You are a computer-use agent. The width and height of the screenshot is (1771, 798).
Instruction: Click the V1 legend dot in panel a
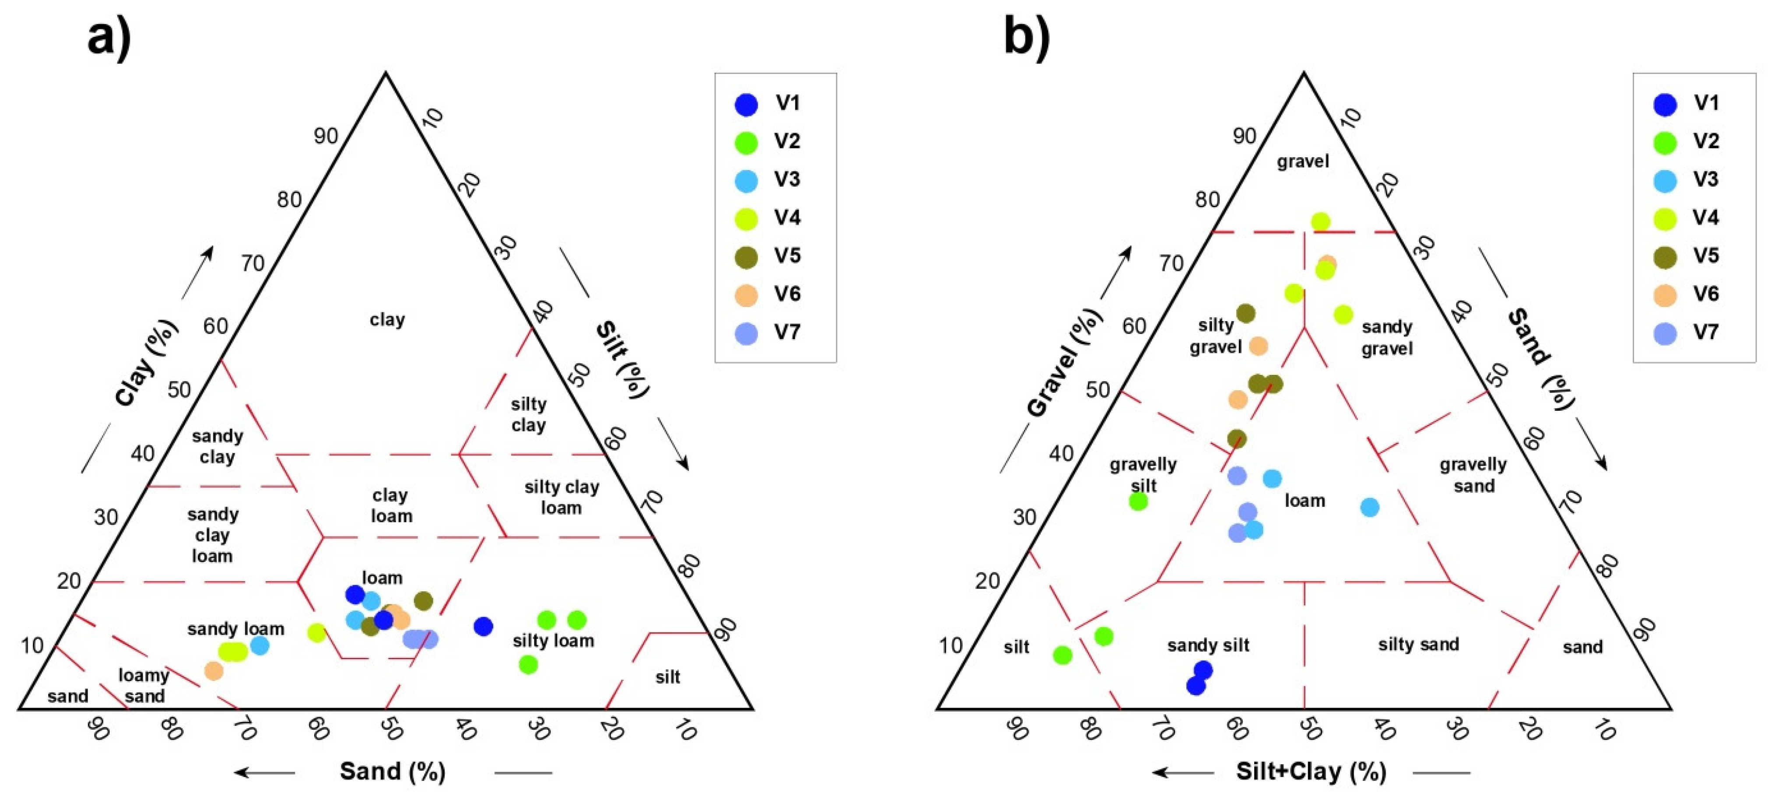tap(746, 105)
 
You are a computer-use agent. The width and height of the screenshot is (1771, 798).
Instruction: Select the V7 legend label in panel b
tap(1706, 332)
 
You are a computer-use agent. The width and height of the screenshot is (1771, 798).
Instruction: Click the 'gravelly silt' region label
tap(1143, 475)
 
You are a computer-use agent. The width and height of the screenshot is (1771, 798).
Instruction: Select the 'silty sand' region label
tap(1417, 645)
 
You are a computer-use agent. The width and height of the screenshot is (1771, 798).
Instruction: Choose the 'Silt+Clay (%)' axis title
tap(1310, 771)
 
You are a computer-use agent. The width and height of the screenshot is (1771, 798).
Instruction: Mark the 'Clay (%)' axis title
tap(146, 363)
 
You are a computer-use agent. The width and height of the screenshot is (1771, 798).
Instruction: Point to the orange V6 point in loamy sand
tap(214, 670)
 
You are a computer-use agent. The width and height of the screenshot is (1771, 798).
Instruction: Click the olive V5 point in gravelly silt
tap(1237, 438)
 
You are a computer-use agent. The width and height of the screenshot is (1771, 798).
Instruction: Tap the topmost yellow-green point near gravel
tap(1320, 222)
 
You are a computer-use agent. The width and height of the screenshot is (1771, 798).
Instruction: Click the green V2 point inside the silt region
tap(1062, 655)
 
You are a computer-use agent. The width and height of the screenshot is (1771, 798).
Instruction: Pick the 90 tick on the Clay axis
tap(326, 136)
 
